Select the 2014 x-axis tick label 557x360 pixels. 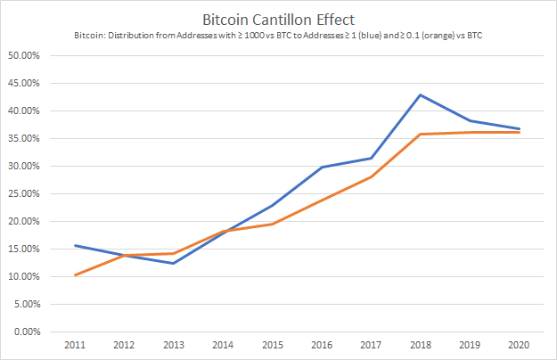pyautogui.click(x=223, y=345)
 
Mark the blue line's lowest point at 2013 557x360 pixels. pyautogui.click(x=175, y=263)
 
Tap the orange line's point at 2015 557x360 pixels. pyautogui.click(x=272, y=224)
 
